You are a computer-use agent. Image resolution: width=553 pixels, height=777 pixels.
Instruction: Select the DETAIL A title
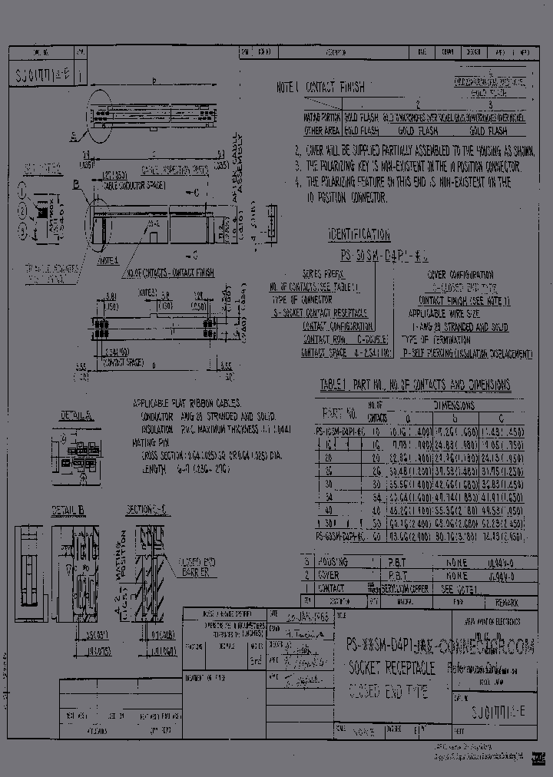pos(77,415)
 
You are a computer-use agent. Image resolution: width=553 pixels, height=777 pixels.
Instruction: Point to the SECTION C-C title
pos(148,510)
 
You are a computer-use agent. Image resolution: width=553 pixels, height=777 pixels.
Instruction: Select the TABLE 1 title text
pos(415,385)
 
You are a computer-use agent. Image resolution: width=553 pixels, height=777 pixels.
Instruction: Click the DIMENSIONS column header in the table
pos(453,405)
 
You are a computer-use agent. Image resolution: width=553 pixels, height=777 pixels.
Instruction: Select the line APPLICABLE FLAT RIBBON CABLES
pos(187,402)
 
